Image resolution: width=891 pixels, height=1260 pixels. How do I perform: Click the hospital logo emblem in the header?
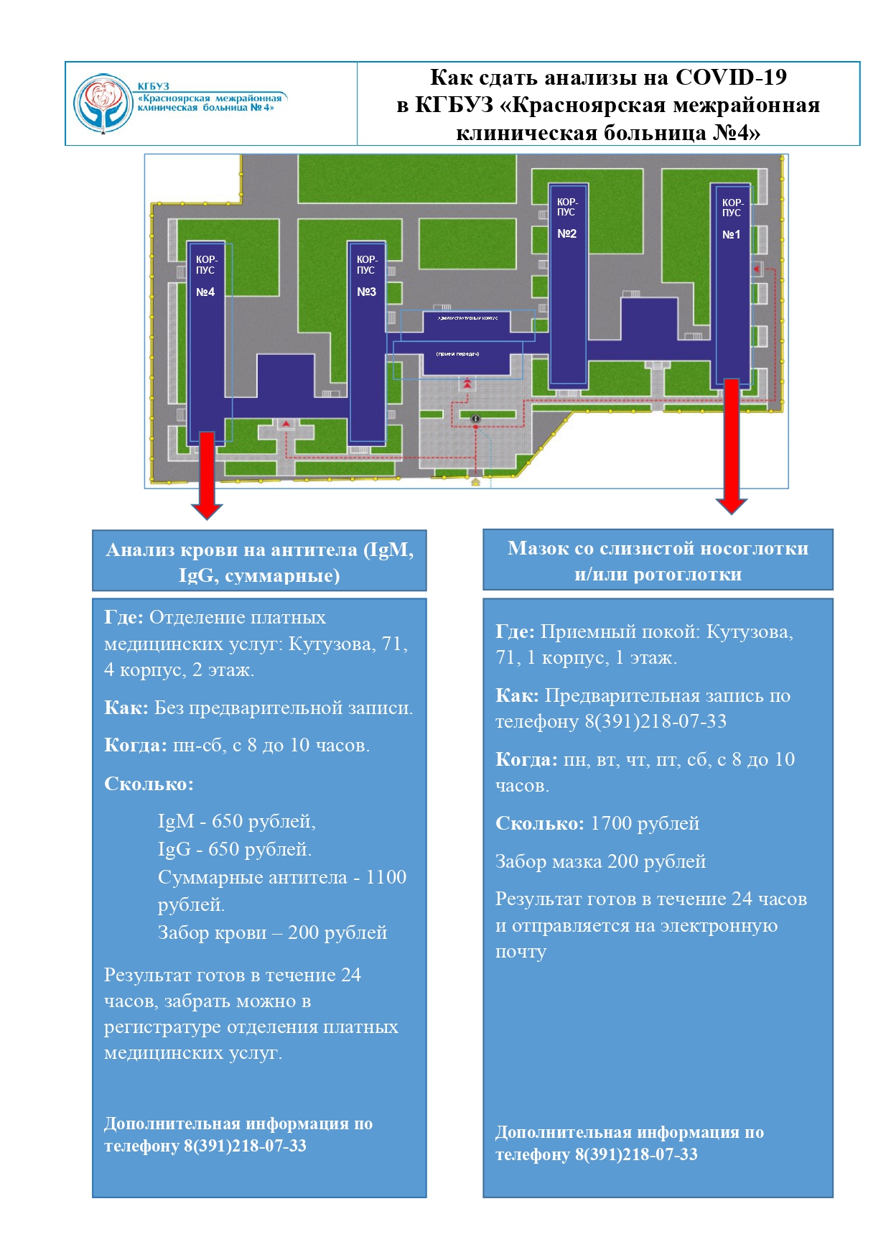105,103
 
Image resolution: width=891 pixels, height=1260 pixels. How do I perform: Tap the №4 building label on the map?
205,292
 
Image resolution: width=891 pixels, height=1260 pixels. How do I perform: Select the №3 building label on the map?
366,292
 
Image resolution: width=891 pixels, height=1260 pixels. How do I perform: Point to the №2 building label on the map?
566,233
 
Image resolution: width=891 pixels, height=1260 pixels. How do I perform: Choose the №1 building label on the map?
731,234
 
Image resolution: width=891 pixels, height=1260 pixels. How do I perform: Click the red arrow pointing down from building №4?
207,475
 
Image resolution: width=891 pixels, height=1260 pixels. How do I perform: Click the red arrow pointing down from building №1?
732,446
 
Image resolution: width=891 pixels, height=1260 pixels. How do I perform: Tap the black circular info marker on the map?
475,419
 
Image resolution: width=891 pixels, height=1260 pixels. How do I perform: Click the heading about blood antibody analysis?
259,562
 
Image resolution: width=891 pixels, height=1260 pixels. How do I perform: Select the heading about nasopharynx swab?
658,560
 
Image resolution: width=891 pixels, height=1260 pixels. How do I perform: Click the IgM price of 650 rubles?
236,821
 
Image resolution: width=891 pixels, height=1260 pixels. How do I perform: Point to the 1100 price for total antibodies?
386,877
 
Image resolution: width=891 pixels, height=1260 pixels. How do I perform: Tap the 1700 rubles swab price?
644,823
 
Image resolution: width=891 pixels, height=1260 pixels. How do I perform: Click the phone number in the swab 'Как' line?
655,721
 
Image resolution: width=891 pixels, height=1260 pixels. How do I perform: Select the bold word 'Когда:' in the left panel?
136,745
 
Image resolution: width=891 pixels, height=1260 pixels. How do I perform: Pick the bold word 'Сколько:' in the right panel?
539,823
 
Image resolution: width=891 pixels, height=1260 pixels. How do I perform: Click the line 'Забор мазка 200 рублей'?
600,861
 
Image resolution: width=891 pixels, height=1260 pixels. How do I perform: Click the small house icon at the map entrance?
475,482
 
